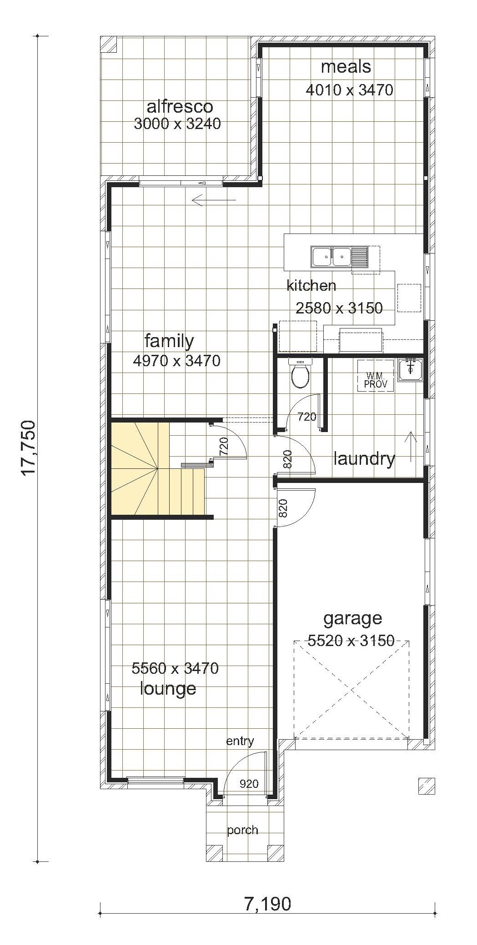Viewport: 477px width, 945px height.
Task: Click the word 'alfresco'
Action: click(180, 106)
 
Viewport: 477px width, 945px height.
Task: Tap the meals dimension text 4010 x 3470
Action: click(350, 90)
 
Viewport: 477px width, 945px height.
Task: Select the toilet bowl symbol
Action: click(300, 373)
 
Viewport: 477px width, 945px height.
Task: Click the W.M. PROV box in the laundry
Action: click(376, 376)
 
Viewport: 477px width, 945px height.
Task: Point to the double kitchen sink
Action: click(331, 256)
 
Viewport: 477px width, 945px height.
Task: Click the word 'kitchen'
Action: click(311, 285)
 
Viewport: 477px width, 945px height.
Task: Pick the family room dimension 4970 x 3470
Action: click(177, 361)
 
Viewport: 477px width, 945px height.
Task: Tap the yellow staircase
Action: click(157, 469)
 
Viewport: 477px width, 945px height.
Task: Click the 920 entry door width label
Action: click(249, 783)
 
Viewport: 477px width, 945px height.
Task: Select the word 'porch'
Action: click(243, 830)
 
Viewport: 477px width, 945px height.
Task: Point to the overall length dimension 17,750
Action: click(28, 448)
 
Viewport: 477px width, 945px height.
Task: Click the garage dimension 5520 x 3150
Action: click(351, 641)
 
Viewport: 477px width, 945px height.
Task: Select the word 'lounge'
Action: click(168, 688)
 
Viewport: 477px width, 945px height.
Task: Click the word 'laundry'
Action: click(364, 459)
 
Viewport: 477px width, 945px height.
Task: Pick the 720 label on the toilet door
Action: click(306, 416)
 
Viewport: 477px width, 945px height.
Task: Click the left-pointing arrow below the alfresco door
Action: click(214, 200)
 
